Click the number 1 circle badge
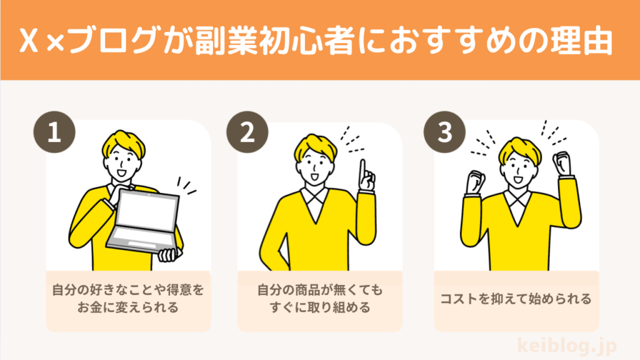click(54, 132)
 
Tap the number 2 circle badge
click(247, 132)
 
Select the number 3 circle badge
click(444, 132)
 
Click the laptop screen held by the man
click(148, 212)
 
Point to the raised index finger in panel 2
click(362, 171)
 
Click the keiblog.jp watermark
click(567, 345)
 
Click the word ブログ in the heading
click(113, 41)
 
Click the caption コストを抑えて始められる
click(516, 299)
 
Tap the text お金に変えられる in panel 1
click(127, 307)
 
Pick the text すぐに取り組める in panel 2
click(320, 307)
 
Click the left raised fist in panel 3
click(476, 181)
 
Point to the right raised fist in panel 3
click(562, 164)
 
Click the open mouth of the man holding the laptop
click(122, 172)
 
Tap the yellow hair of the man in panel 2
click(316, 146)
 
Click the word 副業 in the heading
click(225, 41)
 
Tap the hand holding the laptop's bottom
click(169, 255)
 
